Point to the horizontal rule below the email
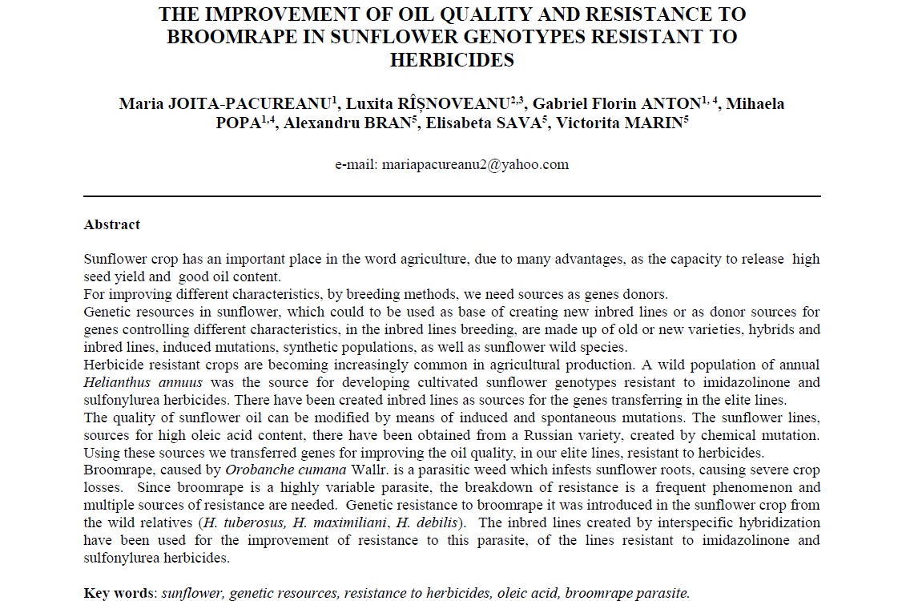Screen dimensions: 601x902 pos(452,196)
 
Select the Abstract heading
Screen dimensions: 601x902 pos(112,225)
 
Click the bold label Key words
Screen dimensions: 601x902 pos(119,594)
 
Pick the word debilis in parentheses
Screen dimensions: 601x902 pos(441,523)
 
